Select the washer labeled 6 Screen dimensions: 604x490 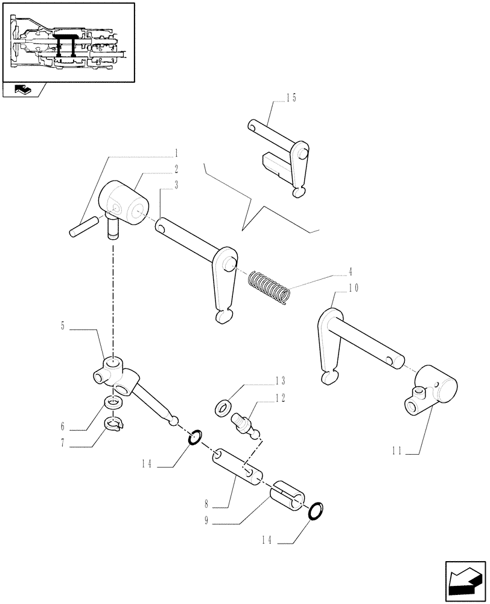pos(112,401)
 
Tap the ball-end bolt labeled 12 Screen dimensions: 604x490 pos(247,422)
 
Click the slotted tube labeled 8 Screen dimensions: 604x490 pos(240,467)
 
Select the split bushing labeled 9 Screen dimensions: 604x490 pos(290,496)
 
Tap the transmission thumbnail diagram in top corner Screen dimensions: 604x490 pos(68,42)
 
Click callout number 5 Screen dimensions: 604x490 pos(64,327)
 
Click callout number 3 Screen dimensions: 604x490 pos(176,186)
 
